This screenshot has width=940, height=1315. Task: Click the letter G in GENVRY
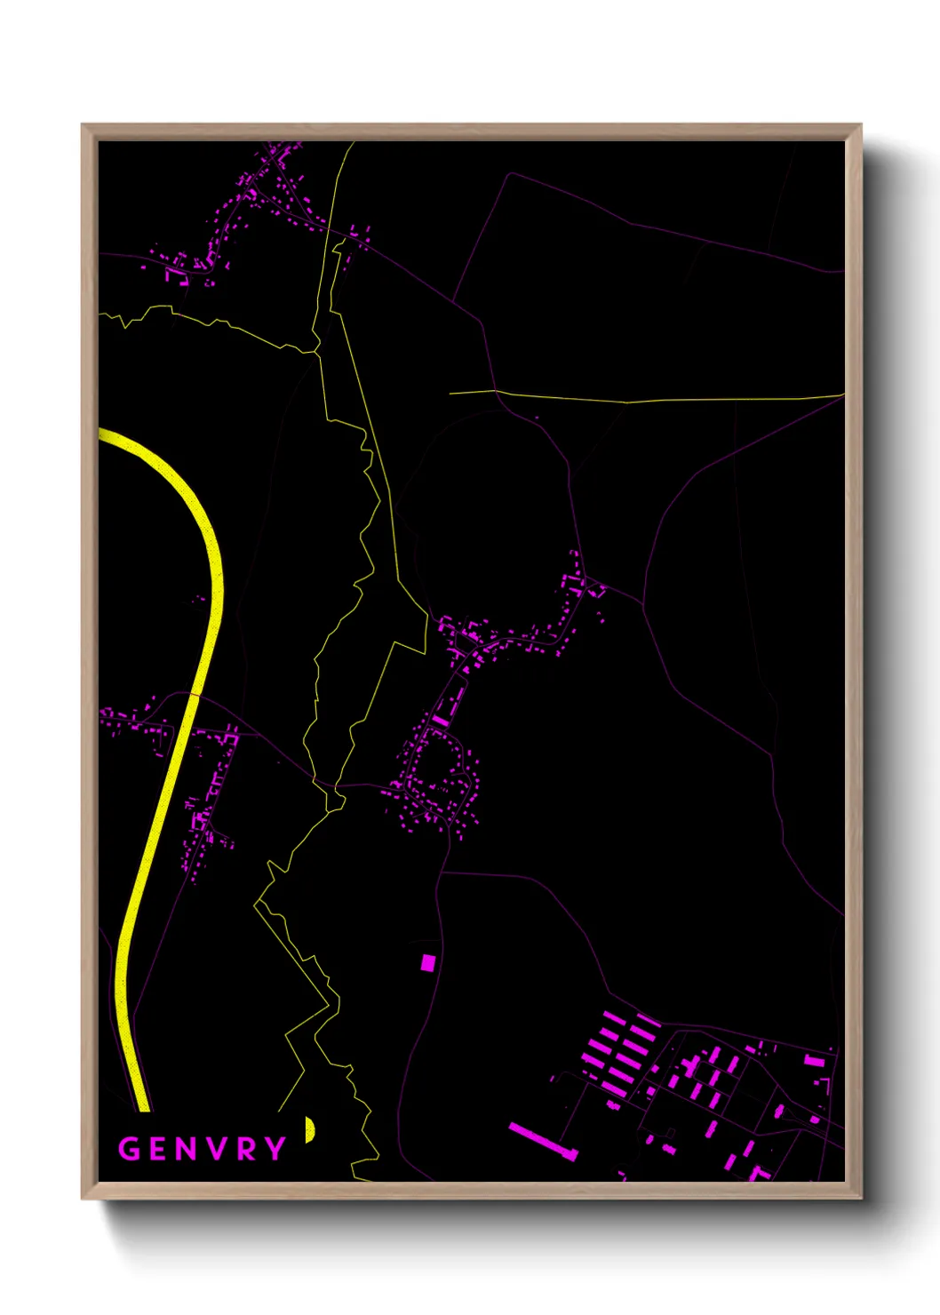[x=130, y=1149]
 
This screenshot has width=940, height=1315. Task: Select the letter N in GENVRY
[x=187, y=1149]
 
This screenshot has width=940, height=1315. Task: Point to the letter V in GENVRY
[x=219, y=1149]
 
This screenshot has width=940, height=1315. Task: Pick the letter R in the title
[x=247, y=1149]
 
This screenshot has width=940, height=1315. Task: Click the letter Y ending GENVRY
[x=275, y=1149]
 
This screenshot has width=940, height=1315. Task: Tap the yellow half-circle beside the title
[x=309, y=1129]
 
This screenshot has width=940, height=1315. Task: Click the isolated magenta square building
[x=428, y=962]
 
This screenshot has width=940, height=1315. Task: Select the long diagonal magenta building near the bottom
[x=543, y=1142]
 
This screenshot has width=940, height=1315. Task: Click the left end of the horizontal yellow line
[x=451, y=392]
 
